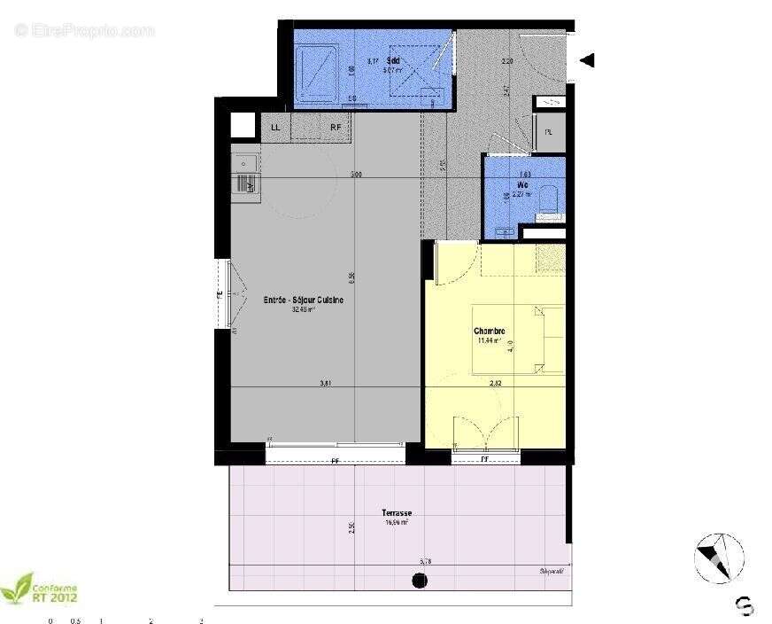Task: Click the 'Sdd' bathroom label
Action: pos(393,60)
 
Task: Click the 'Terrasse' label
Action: pos(396,513)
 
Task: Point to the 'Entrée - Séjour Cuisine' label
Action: pos(304,300)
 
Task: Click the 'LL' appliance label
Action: pos(275,128)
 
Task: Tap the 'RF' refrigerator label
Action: pos(336,128)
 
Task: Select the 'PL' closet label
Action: pos(549,133)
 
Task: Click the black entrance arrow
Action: pos(586,60)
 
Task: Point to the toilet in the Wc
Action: pos(549,199)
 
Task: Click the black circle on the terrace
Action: pos(420,581)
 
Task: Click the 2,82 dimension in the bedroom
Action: pos(496,383)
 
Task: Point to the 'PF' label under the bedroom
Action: pos(485,459)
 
